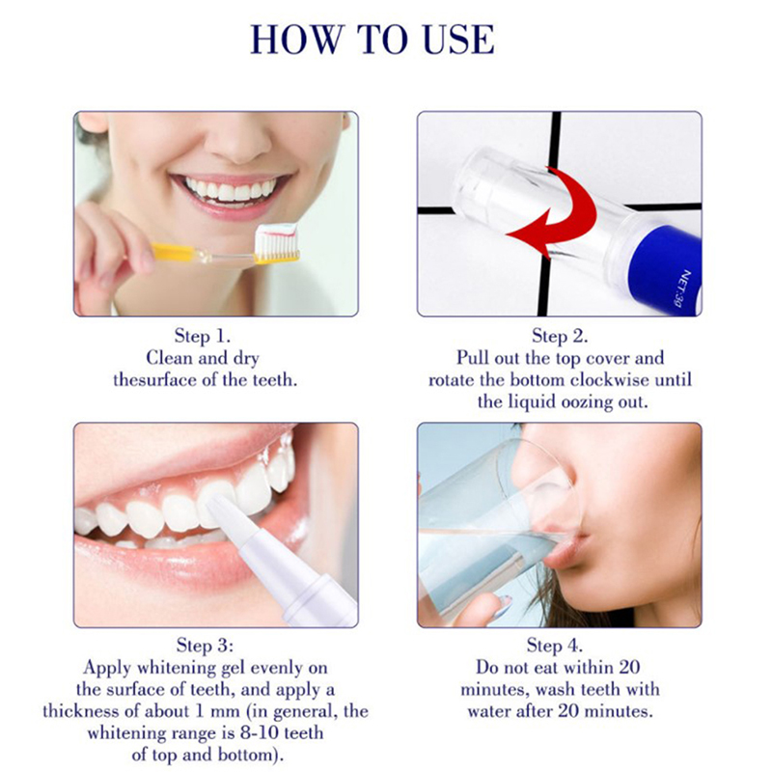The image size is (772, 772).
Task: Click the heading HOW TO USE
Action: pyautogui.click(x=372, y=40)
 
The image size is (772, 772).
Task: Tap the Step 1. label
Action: pyautogui.click(x=203, y=336)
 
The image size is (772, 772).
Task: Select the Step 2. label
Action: pyautogui.click(x=560, y=336)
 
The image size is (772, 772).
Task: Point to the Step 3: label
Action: pyautogui.click(x=205, y=645)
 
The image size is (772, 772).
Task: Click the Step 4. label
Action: pyautogui.click(x=555, y=645)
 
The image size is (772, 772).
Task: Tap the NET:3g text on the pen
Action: pyautogui.click(x=679, y=289)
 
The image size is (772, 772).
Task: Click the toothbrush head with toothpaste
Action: pyautogui.click(x=278, y=243)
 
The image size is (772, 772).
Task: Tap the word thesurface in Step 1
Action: pyautogui.click(x=154, y=380)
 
